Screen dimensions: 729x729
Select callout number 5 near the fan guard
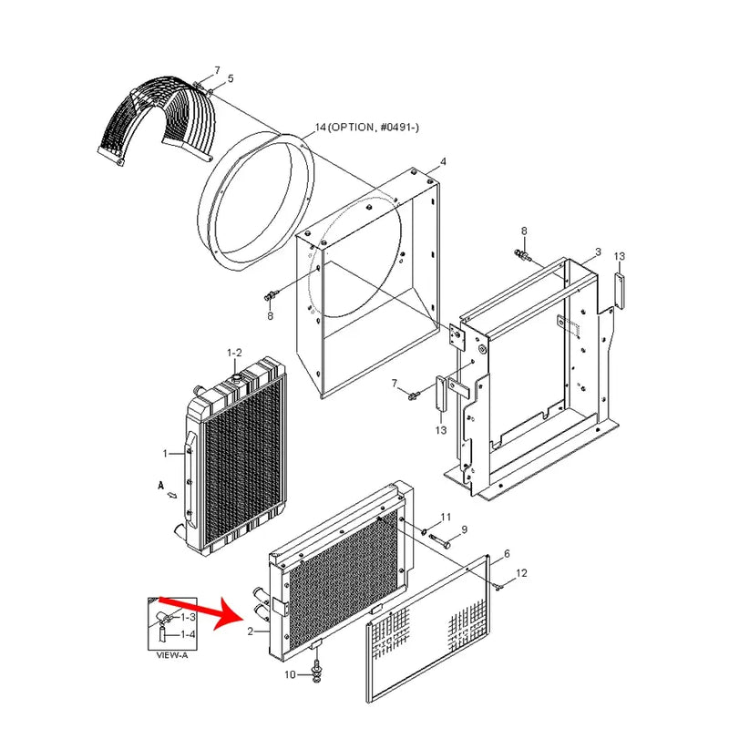pos(230,79)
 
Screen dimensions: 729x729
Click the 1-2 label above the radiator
pos(234,352)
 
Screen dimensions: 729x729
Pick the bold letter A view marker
pos(159,488)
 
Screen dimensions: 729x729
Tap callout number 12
pos(521,573)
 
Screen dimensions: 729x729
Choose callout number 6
pos(506,553)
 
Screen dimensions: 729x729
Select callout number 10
pos(290,675)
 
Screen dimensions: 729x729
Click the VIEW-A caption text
pos(172,653)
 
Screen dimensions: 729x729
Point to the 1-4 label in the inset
pos(187,633)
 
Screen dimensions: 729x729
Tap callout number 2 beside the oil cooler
pos(250,631)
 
